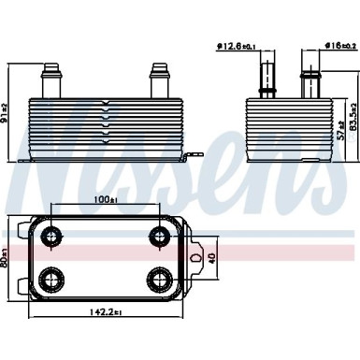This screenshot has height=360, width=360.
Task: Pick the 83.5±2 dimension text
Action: [x=353, y=116]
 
